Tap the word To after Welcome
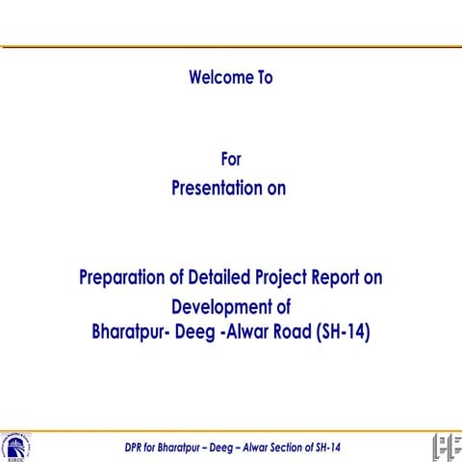pyautogui.click(x=263, y=77)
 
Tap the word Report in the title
pyautogui.click(x=351, y=278)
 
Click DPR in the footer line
pyautogui.click(x=137, y=448)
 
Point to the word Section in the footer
pyautogui.click(x=280, y=448)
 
